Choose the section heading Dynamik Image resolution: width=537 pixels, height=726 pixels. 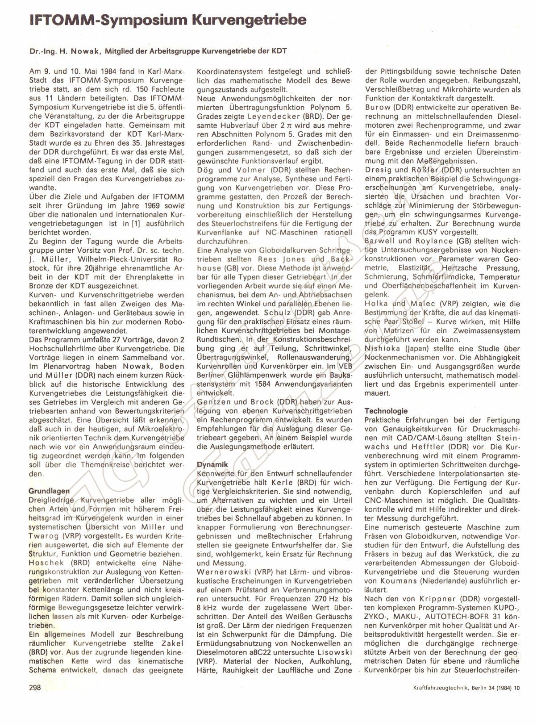pyautogui.click(x=212, y=465)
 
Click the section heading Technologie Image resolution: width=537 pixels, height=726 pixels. pyautogui.click(x=386, y=411)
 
